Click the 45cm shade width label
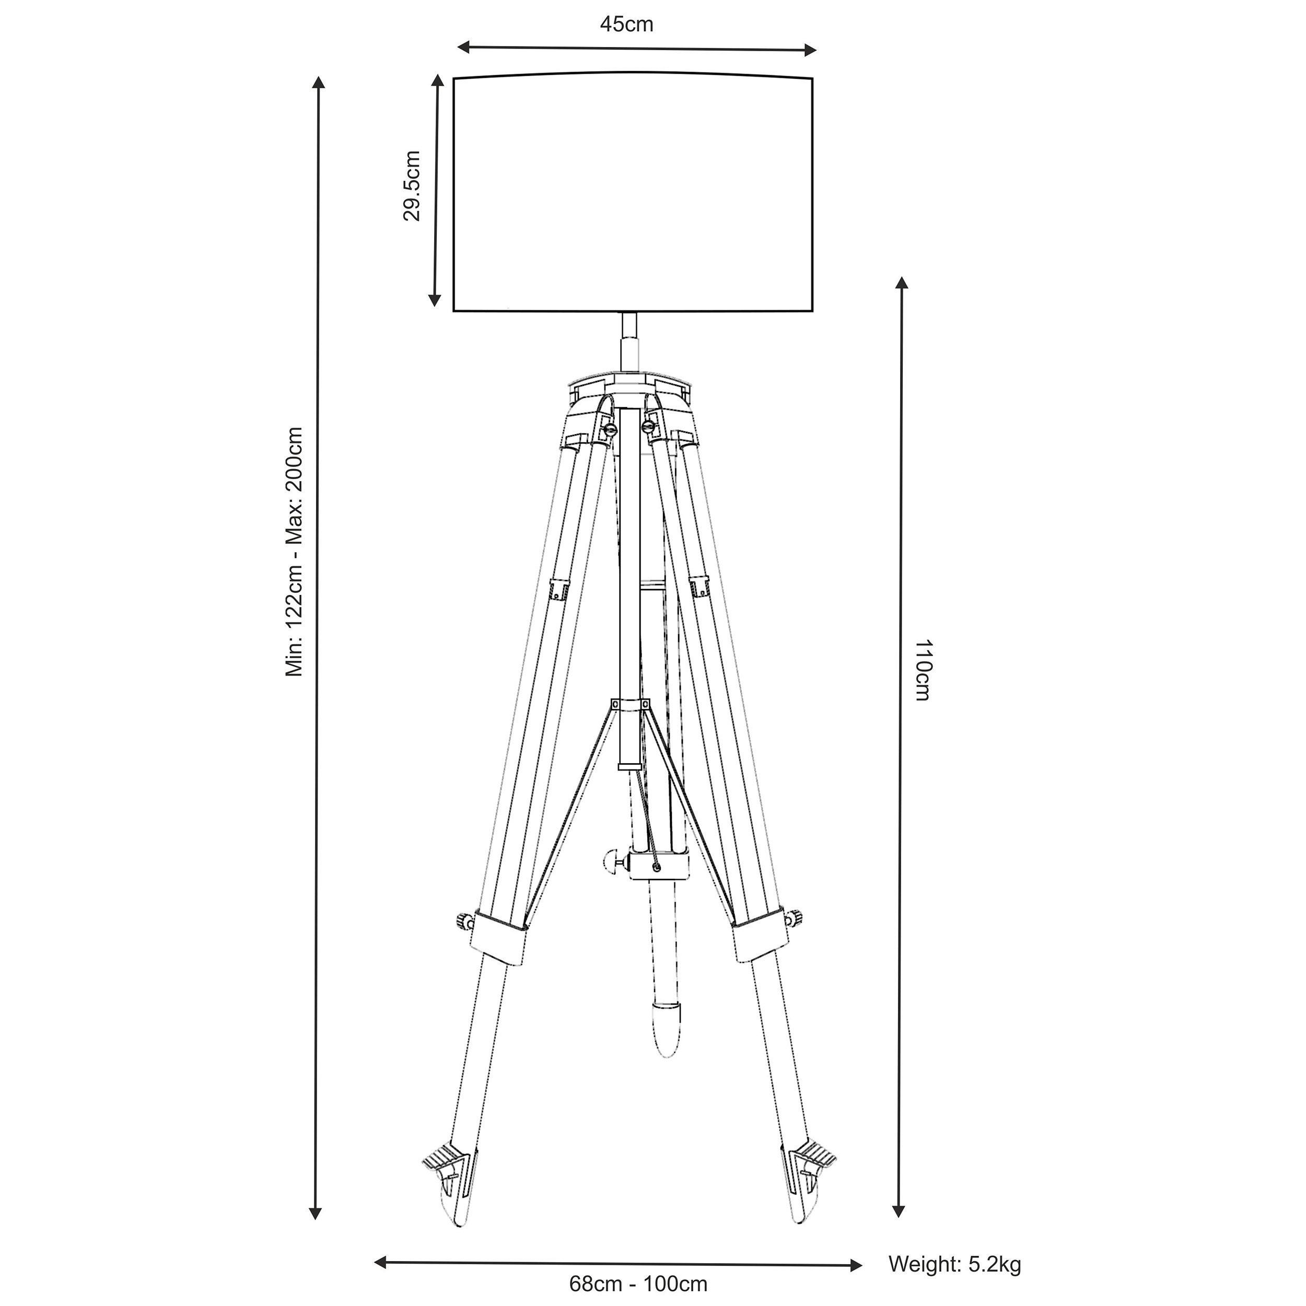627,25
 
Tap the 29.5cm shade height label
412,185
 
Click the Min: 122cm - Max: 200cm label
294,551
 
